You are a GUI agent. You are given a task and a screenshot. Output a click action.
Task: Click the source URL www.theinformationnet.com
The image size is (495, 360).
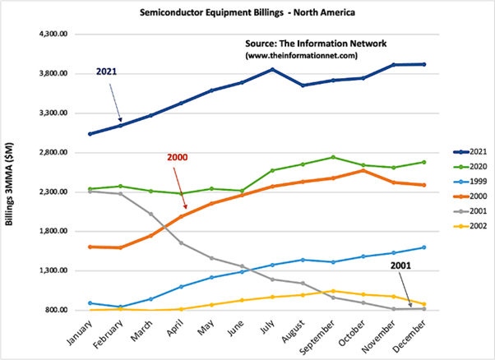(x=301, y=54)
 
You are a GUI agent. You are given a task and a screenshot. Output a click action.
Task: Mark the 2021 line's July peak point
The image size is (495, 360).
(x=271, y=70)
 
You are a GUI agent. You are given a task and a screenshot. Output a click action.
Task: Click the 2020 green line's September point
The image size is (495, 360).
(x=331, y=157)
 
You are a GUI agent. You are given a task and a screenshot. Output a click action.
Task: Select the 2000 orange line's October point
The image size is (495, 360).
(x=362, y=170)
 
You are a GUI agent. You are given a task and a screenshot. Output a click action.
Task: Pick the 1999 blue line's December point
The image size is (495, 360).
(x=423, y=247)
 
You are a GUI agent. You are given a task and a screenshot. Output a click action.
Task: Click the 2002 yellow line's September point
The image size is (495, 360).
(x=331, y=291)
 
